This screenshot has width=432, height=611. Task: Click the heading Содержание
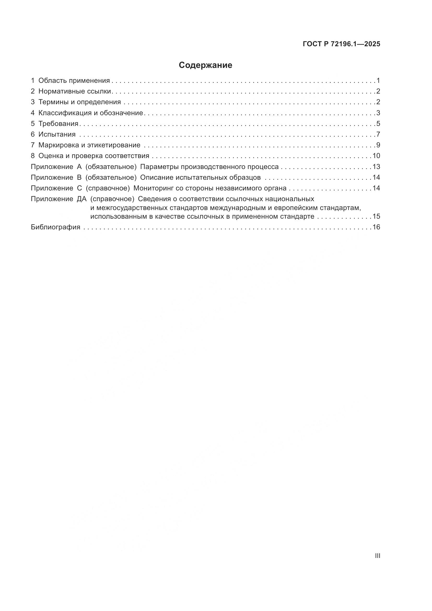pos(205,65)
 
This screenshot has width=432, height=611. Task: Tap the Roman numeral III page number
pos(377,556)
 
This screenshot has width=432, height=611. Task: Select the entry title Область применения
pos(74,81)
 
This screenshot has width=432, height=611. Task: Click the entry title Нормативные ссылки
pos(74,91)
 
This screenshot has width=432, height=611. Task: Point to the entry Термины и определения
pos(80,102)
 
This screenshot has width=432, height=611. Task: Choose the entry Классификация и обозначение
pos(91,113)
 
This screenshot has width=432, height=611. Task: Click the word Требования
pos(58,124)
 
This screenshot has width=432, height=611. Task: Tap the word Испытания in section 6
pos(57,134)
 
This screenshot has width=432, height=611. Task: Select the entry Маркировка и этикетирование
pos(89,145)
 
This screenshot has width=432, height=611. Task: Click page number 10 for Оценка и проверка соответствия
pos(376,156)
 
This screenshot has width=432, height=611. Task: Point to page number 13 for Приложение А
pos(376,167)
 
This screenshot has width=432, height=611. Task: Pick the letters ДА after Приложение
pos(82,199)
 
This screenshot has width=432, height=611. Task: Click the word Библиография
pos(56,227)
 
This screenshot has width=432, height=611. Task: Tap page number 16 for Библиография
pos(376,227)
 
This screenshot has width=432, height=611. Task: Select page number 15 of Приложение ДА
pos(376,216)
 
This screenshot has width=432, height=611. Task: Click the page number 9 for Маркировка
pos(378,145)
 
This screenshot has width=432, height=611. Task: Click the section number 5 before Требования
pos(33,124)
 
